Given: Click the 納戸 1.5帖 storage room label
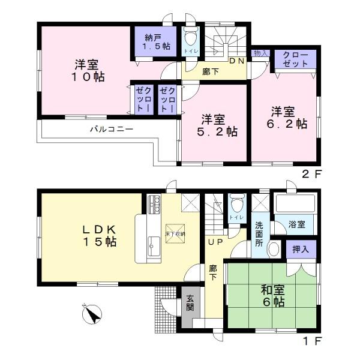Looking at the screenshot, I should [x=155, y=42].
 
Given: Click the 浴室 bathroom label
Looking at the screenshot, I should [x=296, y=224].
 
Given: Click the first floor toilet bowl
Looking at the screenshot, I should [x=235, y=206].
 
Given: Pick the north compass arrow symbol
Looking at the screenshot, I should [x=91, y=313].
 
